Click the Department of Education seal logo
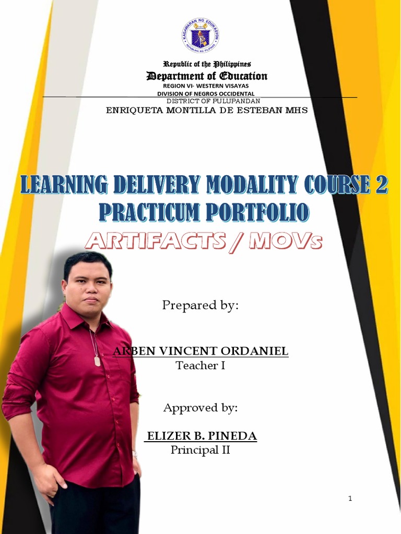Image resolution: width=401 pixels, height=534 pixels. (200, 35)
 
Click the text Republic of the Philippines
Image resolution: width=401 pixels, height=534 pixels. (207, 64)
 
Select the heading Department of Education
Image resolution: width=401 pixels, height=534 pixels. (207, 76)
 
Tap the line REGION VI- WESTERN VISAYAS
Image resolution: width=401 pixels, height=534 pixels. (206, 86)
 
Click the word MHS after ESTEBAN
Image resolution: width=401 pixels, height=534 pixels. (295, 110)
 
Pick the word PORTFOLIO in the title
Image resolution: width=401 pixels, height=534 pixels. (257, 212)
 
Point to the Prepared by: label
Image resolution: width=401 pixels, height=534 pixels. (200, 306)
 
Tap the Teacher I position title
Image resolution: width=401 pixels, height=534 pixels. (200, 366)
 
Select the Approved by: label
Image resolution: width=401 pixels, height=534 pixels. (200, 408)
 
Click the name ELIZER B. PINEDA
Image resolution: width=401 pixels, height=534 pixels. (202, 436)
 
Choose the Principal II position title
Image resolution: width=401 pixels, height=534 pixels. (200, 450)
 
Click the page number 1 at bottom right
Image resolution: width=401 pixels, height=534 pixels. (350, 499)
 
